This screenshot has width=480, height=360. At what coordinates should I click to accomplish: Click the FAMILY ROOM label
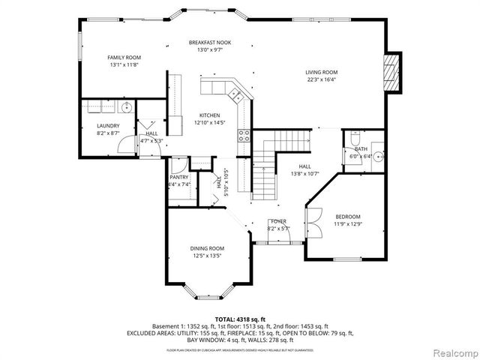click(x=124, y=58)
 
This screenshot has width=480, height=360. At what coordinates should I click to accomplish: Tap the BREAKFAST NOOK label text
click(x=209, y=43)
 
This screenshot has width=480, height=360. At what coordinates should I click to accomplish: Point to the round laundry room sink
click(x=127, y=107)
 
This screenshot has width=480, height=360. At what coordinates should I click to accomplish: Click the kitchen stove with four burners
click(x=244, y=136)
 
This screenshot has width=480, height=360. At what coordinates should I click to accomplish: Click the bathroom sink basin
click(x=379, y=157)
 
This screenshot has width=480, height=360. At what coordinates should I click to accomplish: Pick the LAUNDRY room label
click(x=108, y=125)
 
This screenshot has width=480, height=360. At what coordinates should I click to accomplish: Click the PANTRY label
click(x=178, y=177)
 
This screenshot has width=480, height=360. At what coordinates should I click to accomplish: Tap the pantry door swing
click(x=178, y=165)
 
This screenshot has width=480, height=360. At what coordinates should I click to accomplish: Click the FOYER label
click(x=277, y=222)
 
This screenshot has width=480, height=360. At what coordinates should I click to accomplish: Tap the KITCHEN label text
click(x=209, y=115)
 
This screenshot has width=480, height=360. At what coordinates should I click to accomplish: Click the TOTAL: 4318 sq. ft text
click(x=239, y=319)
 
